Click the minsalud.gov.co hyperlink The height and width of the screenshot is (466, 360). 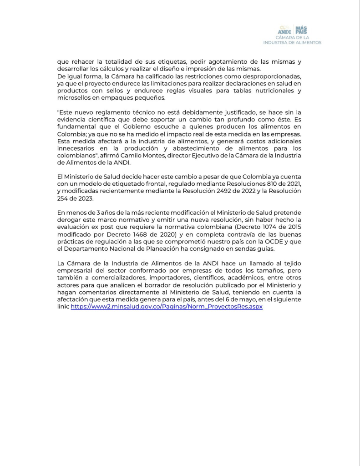click(x=167, y=307)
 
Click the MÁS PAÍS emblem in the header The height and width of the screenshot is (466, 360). click(x=301, y=30)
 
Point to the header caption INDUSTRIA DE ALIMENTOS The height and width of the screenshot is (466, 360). click(x=292, y=42)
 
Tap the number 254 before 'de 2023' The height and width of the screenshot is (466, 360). click(x=64, y=198)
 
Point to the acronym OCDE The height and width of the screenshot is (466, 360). click(x=274, y=241)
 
